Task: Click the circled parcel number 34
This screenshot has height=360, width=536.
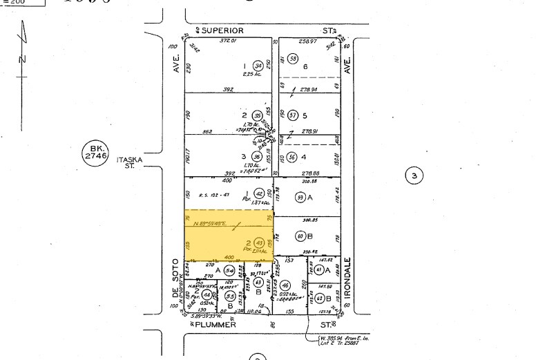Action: tap(258, 65)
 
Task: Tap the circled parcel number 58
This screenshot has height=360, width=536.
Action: tap(293, 59)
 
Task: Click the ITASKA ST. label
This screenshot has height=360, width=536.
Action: tap(128, 162)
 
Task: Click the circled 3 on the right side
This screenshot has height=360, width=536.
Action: tap(414, 176)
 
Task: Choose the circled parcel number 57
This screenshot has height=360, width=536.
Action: tap(292, 115)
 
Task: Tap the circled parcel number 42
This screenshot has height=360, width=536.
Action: tap(259, 194)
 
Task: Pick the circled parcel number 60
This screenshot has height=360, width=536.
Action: tap(301, 236)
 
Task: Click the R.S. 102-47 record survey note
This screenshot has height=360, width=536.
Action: tap(213, 195)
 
